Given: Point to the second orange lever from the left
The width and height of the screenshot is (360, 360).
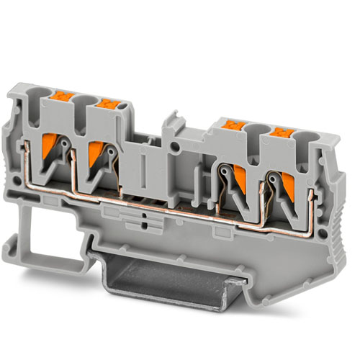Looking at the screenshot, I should (95, 153).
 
